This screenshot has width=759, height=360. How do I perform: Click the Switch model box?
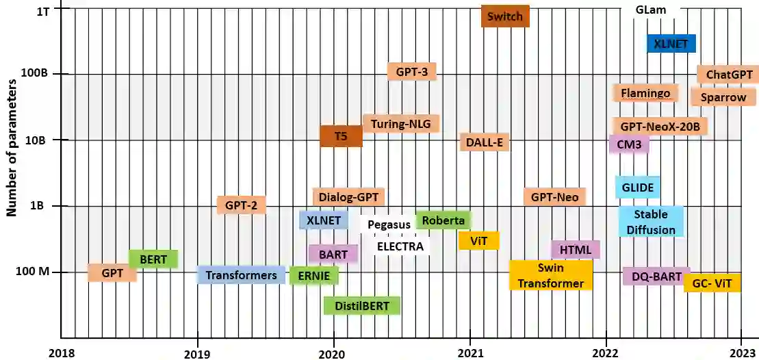pos(505,16)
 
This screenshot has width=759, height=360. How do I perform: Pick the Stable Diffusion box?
pos(650,222)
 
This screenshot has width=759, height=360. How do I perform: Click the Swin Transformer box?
pos(550,275)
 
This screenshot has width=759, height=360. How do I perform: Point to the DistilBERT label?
pos(361,306)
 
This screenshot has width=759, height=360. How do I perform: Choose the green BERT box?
pos(153,259)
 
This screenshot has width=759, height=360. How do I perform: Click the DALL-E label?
pos(485,142)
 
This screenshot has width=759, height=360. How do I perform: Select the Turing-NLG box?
pos(401,124)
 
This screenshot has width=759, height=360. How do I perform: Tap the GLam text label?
pos(650,10)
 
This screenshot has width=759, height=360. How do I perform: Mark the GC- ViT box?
pos(712,283)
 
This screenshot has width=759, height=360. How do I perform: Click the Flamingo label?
pos(645,93)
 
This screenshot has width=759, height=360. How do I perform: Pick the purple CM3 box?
pos(628,144)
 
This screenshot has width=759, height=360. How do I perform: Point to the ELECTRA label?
pos(400,246)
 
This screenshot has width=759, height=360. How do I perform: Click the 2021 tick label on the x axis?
pos(470,352)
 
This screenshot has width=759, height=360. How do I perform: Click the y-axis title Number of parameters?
pos(12,147)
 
